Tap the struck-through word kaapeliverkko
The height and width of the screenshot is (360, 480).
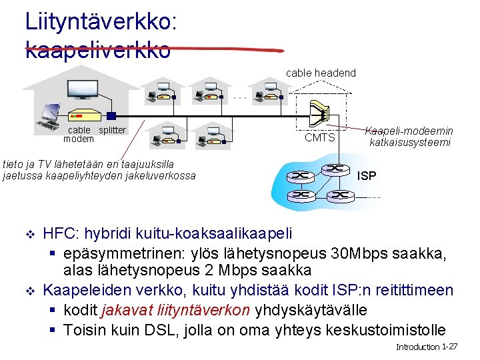pos(98,50)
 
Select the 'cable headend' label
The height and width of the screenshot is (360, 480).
pos(321,73)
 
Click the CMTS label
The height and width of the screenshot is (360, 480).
pos(319,138)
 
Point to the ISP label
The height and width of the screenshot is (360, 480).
pos(367,176)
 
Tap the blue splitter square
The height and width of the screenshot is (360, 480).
pos(111,115)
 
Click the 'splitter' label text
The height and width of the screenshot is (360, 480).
pos(112,130)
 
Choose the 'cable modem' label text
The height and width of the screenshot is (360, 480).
pos(79,134)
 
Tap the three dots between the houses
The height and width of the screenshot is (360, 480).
pos(241,97)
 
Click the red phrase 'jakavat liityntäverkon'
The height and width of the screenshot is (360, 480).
pos(175,310)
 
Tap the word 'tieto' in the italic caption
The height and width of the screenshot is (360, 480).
pos(13,163)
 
